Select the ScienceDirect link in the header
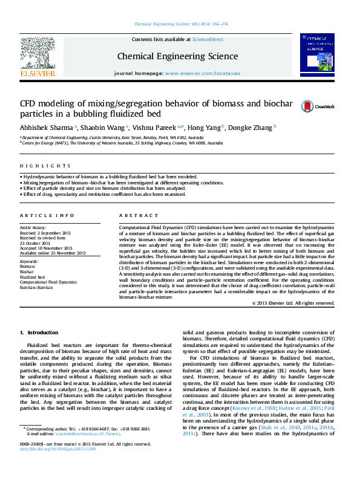coord(208,39)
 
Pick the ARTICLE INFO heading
coord(39,216)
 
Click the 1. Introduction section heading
coord(39,333)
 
